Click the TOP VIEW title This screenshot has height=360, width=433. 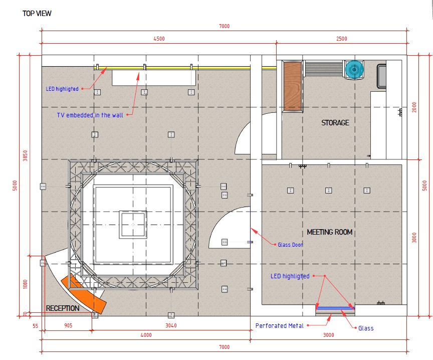point(37,13)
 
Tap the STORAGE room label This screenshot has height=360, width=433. point(335,122)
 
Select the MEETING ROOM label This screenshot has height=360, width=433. point(329,232)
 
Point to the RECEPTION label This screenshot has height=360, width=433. point(63,308)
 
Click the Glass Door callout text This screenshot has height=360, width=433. point(290,245)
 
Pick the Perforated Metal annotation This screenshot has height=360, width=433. point(279,325)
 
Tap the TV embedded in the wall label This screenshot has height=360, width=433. point(90,115)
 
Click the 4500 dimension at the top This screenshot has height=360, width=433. point(159,39)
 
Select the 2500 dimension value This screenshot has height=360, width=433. point(342,39)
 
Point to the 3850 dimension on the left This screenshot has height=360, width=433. point(25,155)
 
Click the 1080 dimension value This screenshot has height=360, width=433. point(25,284)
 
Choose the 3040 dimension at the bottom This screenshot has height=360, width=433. point(171,325)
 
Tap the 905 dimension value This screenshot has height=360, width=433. point(68,325)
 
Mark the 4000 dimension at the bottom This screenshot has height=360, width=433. point(146,335)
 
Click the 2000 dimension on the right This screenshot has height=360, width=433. point(414,107)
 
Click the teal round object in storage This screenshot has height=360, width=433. point(354,69)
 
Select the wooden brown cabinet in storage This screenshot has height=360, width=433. point(293,86)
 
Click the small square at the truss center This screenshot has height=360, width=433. point(133,225)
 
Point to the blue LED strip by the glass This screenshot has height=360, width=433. point(335,308)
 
